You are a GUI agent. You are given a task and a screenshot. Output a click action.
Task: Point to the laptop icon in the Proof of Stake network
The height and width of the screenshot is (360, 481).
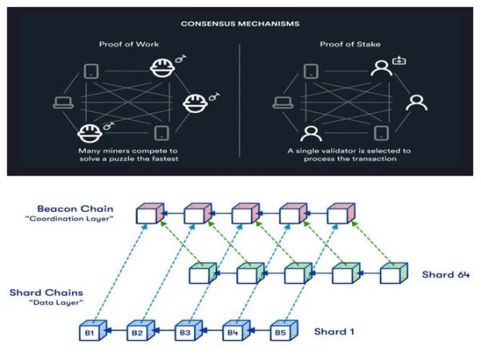coord(281,102)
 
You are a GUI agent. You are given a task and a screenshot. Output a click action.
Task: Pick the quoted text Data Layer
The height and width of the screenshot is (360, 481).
coord(43,304)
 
